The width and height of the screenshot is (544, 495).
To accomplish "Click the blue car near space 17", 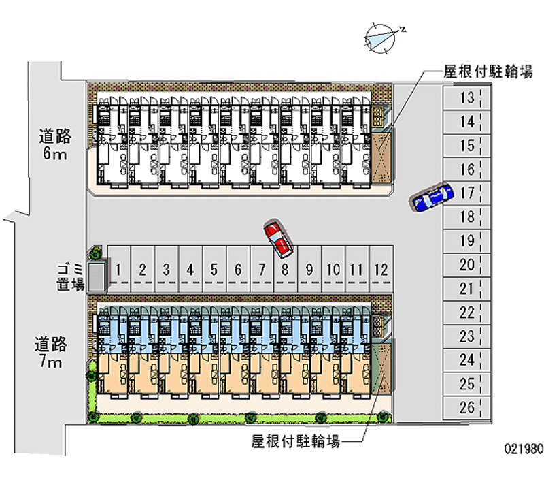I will tap(431, 197).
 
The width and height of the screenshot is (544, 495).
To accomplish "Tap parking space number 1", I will tap(119, 270).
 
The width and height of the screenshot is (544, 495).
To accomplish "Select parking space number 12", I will tap(381, 270).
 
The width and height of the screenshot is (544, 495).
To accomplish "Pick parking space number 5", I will tap(214, 270).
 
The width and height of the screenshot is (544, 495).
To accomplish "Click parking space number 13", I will tap(466, 98).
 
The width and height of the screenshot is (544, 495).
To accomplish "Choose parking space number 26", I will tap(466, 408).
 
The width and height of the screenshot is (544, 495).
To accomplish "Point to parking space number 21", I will tap(466, 289).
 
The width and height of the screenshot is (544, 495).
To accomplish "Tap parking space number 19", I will tap(466, 241).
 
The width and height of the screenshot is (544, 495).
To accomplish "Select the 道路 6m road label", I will tap(54, 145).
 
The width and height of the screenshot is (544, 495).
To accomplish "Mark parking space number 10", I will tap(333, 270).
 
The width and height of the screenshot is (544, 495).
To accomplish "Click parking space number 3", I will tap(167, 270).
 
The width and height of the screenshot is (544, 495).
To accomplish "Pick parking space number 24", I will tap(466, 360).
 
